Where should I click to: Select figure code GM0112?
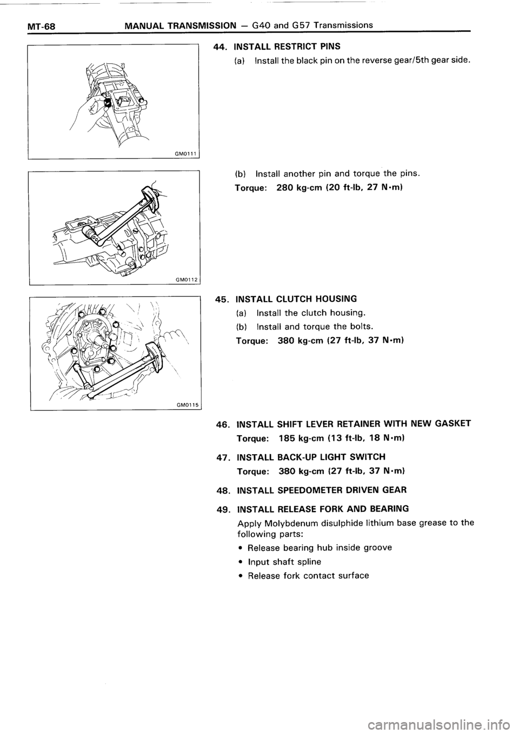tap(185, 279)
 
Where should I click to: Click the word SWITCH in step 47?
tap(368, 457)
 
